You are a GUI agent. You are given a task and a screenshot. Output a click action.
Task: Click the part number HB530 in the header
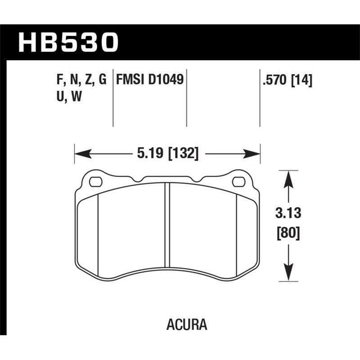point(68,42)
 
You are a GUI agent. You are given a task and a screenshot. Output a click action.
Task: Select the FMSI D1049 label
point(149,81)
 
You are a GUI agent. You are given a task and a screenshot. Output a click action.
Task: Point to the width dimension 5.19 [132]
point(167,153)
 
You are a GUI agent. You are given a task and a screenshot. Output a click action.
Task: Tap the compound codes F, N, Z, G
point(79,81)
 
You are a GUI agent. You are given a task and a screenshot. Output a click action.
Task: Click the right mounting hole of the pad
point(238,182)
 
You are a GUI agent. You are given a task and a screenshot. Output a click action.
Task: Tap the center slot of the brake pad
point(167,225)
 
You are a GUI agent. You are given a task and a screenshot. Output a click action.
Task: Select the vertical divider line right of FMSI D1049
point(186,99)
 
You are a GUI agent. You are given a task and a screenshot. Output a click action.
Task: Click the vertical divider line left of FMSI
point(112,99)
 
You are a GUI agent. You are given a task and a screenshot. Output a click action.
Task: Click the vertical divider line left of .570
point(260,99)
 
